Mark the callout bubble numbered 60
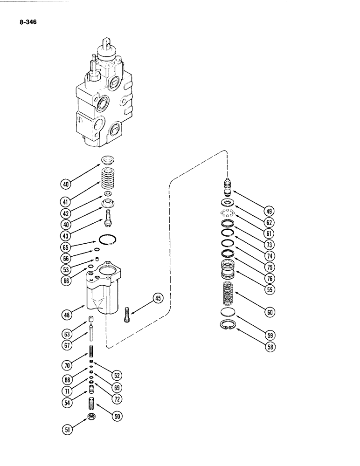pyautogui.click(x=270, y=313)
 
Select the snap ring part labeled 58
pyautogui.click(x=227, y=326)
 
